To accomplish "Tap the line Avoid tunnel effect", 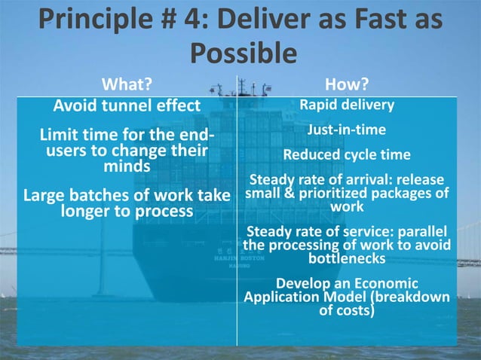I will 127,105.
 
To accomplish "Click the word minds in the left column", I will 126,166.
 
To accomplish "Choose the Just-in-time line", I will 346,130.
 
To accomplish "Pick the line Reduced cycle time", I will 346,155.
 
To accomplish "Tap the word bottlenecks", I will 348,258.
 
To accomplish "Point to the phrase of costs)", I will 346,309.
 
